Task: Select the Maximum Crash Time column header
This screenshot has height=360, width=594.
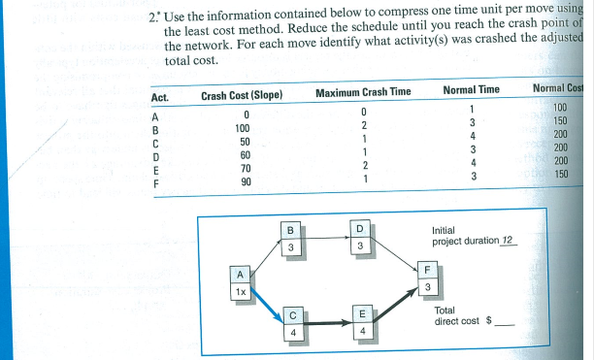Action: point(364,92)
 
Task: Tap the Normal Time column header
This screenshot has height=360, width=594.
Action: point(471,91)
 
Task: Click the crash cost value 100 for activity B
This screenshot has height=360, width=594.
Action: point(243,128)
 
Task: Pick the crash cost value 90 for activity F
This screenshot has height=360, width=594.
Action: point(246,181)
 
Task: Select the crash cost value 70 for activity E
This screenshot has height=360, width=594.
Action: point(246,168)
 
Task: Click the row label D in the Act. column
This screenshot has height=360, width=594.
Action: point(155,155)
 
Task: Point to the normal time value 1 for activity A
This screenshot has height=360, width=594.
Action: point(471,109)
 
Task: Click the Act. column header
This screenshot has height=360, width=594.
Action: point(160,98)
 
